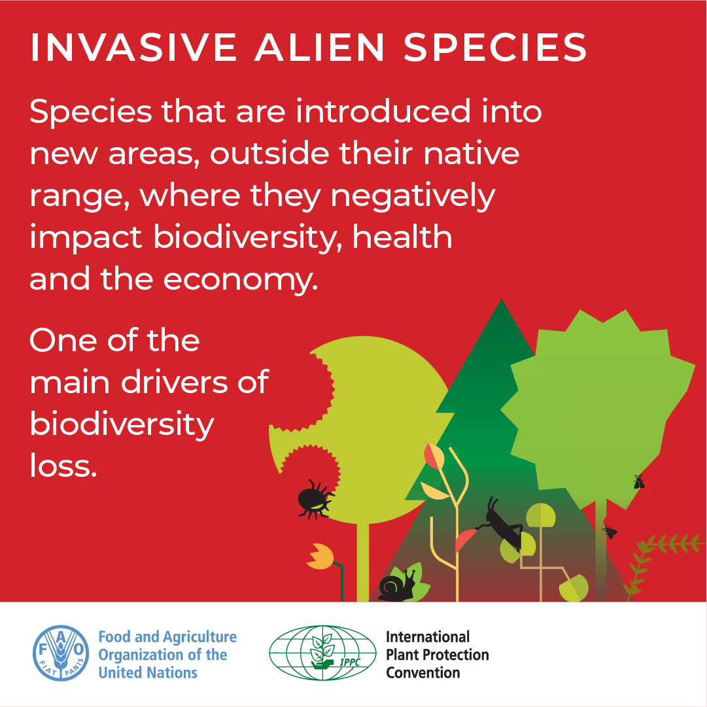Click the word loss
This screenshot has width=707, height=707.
(63, 466)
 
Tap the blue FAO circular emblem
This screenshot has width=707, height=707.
(61, 654)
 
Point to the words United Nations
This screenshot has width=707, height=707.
(148, 673)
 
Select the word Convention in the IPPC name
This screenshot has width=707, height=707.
(423, 672)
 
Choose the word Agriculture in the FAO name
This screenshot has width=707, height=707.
(199, 637)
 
